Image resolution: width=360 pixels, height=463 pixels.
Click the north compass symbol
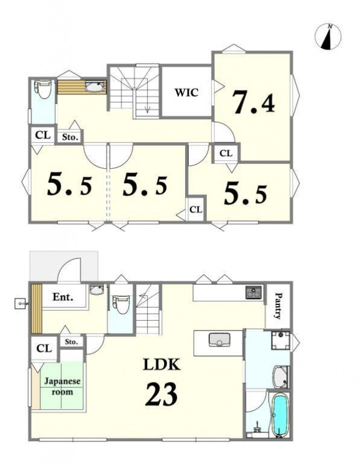pos(328,36)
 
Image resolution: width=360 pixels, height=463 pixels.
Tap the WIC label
pos(186,93)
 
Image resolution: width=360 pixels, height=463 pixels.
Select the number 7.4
pos(254,102)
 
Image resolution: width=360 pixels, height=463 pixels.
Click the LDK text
pos(162,365)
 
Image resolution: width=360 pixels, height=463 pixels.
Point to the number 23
pos(162,394)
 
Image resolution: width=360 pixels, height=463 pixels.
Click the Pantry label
pos(278,306)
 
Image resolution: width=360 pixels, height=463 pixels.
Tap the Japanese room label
pos(62,386)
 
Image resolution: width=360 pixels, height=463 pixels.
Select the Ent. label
pos(63,297)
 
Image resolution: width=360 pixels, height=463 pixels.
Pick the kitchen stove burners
pos(254,292)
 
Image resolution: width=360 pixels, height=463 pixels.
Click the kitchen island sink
pos(219,340)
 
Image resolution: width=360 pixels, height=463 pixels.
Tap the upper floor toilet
pos(43,89)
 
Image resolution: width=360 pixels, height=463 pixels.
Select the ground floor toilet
pos(120,304)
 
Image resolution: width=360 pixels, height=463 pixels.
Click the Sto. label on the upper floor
pos(70,137)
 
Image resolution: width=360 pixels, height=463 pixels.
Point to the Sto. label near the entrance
pos(71,342)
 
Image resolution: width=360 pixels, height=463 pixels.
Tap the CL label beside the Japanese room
pos(44,349)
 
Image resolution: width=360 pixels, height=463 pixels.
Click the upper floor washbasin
pos(95,87)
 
